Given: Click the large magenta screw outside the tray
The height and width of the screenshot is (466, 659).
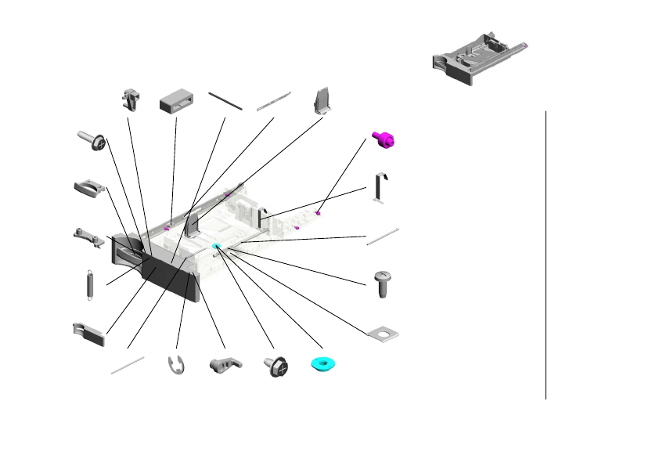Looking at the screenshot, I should pos(384,139).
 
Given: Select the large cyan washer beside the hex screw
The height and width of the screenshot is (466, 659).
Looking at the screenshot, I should pos(322,364).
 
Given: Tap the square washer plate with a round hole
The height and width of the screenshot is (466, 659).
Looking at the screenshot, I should pos(384,334).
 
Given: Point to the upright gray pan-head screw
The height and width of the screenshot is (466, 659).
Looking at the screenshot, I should pos(384,284).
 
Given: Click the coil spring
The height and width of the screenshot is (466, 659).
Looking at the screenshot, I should pos(89,284).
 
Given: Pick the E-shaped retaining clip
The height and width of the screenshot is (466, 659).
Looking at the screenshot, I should pos(178,365).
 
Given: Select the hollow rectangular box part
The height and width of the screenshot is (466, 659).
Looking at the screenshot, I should pos(176,103).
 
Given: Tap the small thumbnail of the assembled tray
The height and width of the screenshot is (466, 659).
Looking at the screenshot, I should pos(478,59).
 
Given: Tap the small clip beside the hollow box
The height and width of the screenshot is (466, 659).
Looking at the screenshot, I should pos(132,99).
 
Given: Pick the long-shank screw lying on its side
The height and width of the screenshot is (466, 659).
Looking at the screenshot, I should pos(92,140).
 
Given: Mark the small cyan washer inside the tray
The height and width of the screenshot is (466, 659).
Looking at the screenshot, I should pos(217,247).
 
